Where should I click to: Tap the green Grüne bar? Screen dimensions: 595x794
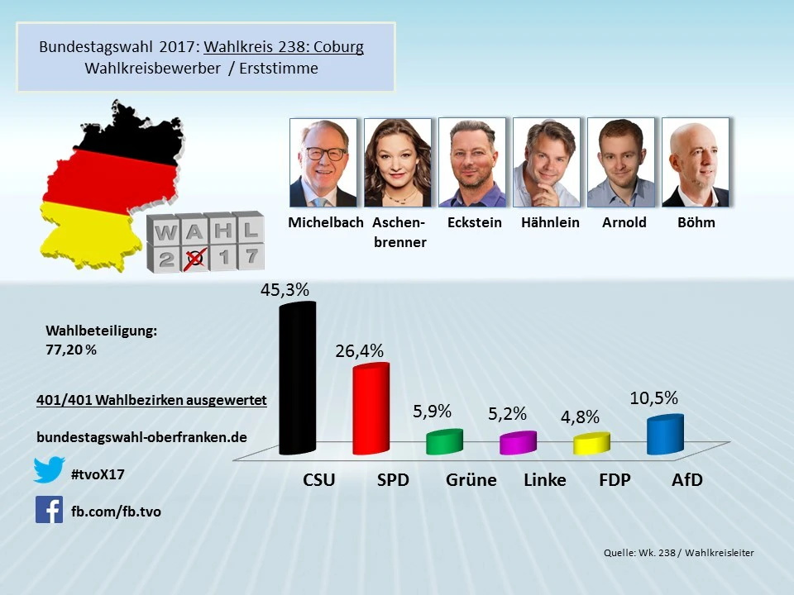click(x=444, y=442)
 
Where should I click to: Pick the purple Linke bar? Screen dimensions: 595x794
click(x=518, y=444)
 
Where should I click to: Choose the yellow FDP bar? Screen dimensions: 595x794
click(x=591, y=444)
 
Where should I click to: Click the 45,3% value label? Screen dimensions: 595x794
click(x=285, y=290)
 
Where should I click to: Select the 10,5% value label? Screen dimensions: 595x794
click(x=653, y=398)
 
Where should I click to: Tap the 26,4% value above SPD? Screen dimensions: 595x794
click(x=359, y=350)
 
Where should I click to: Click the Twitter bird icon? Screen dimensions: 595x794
click(x=50, y=470)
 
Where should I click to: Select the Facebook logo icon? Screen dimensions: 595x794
click(x=50, y=509)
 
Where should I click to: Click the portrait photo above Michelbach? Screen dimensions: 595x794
click(x=323, y=163)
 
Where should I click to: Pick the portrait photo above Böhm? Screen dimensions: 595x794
click(x=696, y=163)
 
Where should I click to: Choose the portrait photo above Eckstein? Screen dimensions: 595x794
click(x=472, y=163)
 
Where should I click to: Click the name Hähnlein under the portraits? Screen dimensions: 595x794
click(x=550, y=222)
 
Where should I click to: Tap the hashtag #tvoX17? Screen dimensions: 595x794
click(x=98, y=474)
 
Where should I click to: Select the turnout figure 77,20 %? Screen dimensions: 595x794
click(x=71, y=350)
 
